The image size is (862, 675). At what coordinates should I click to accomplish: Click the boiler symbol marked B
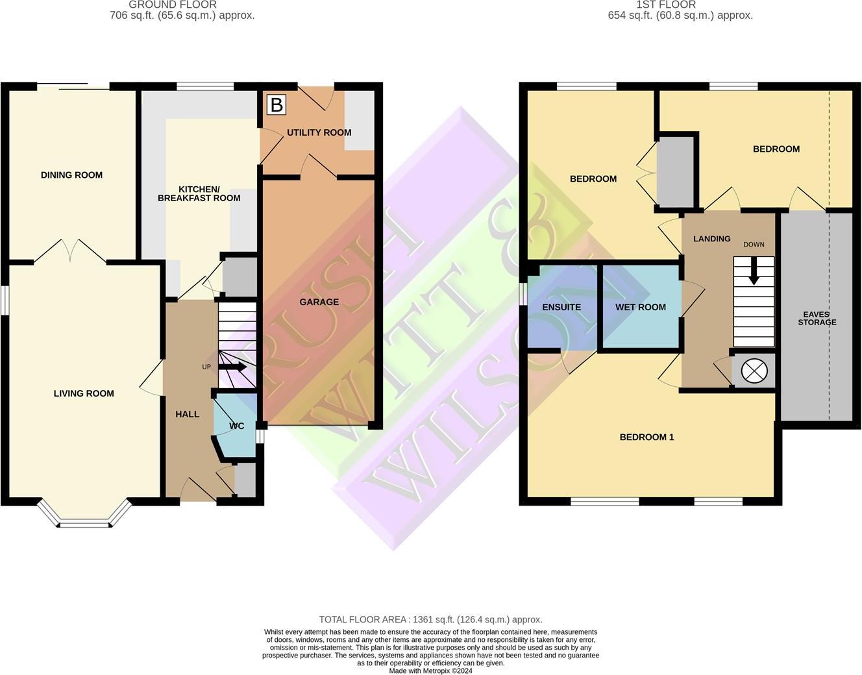(276, 104)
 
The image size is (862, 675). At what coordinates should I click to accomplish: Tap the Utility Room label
(319, 132)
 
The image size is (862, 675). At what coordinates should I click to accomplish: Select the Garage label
(319, 302)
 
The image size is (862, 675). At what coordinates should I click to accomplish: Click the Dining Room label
(71, 175)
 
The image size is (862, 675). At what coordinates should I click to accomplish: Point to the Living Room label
(84, 393)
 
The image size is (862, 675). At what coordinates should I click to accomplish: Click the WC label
(237, 426)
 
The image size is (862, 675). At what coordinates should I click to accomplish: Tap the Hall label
(188, 414)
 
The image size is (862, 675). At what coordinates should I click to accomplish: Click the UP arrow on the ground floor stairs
(235, 367)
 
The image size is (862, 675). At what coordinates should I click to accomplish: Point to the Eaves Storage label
(817, 318)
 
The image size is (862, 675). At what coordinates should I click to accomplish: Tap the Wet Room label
(641, 307)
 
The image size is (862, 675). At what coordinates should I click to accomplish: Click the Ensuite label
(561, 307)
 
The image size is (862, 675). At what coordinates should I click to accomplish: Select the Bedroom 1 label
(646, 437)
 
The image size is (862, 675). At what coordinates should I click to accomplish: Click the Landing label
(711, 239)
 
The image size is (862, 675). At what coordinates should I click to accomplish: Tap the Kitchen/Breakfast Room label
(199, 193)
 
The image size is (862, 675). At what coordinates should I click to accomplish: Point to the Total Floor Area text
(430, 619)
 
